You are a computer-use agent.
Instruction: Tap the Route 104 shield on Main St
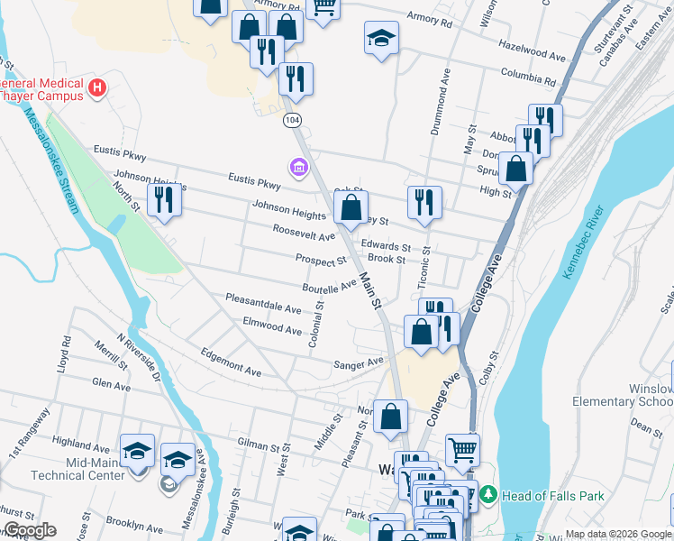[x=289, y=120]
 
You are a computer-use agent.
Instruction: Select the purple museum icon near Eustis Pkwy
[x=297, y=167]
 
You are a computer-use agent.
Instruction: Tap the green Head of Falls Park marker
[x=487, y=494]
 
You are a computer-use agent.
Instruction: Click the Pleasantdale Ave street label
[x=263, y=303]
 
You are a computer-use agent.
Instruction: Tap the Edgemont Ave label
[x=231, y=362]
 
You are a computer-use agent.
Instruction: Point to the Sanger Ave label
[x=359, y=363]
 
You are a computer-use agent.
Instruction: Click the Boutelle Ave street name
[x=330, y=287]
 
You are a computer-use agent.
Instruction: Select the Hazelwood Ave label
[x=532, y=50]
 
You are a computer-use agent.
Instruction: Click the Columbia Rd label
[x=528, y=74]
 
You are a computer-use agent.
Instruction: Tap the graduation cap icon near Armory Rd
[x=381, y=38]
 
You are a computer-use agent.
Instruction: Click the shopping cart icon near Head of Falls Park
[x=462, y=448]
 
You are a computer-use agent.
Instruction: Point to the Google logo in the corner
[x=29, y=530]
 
